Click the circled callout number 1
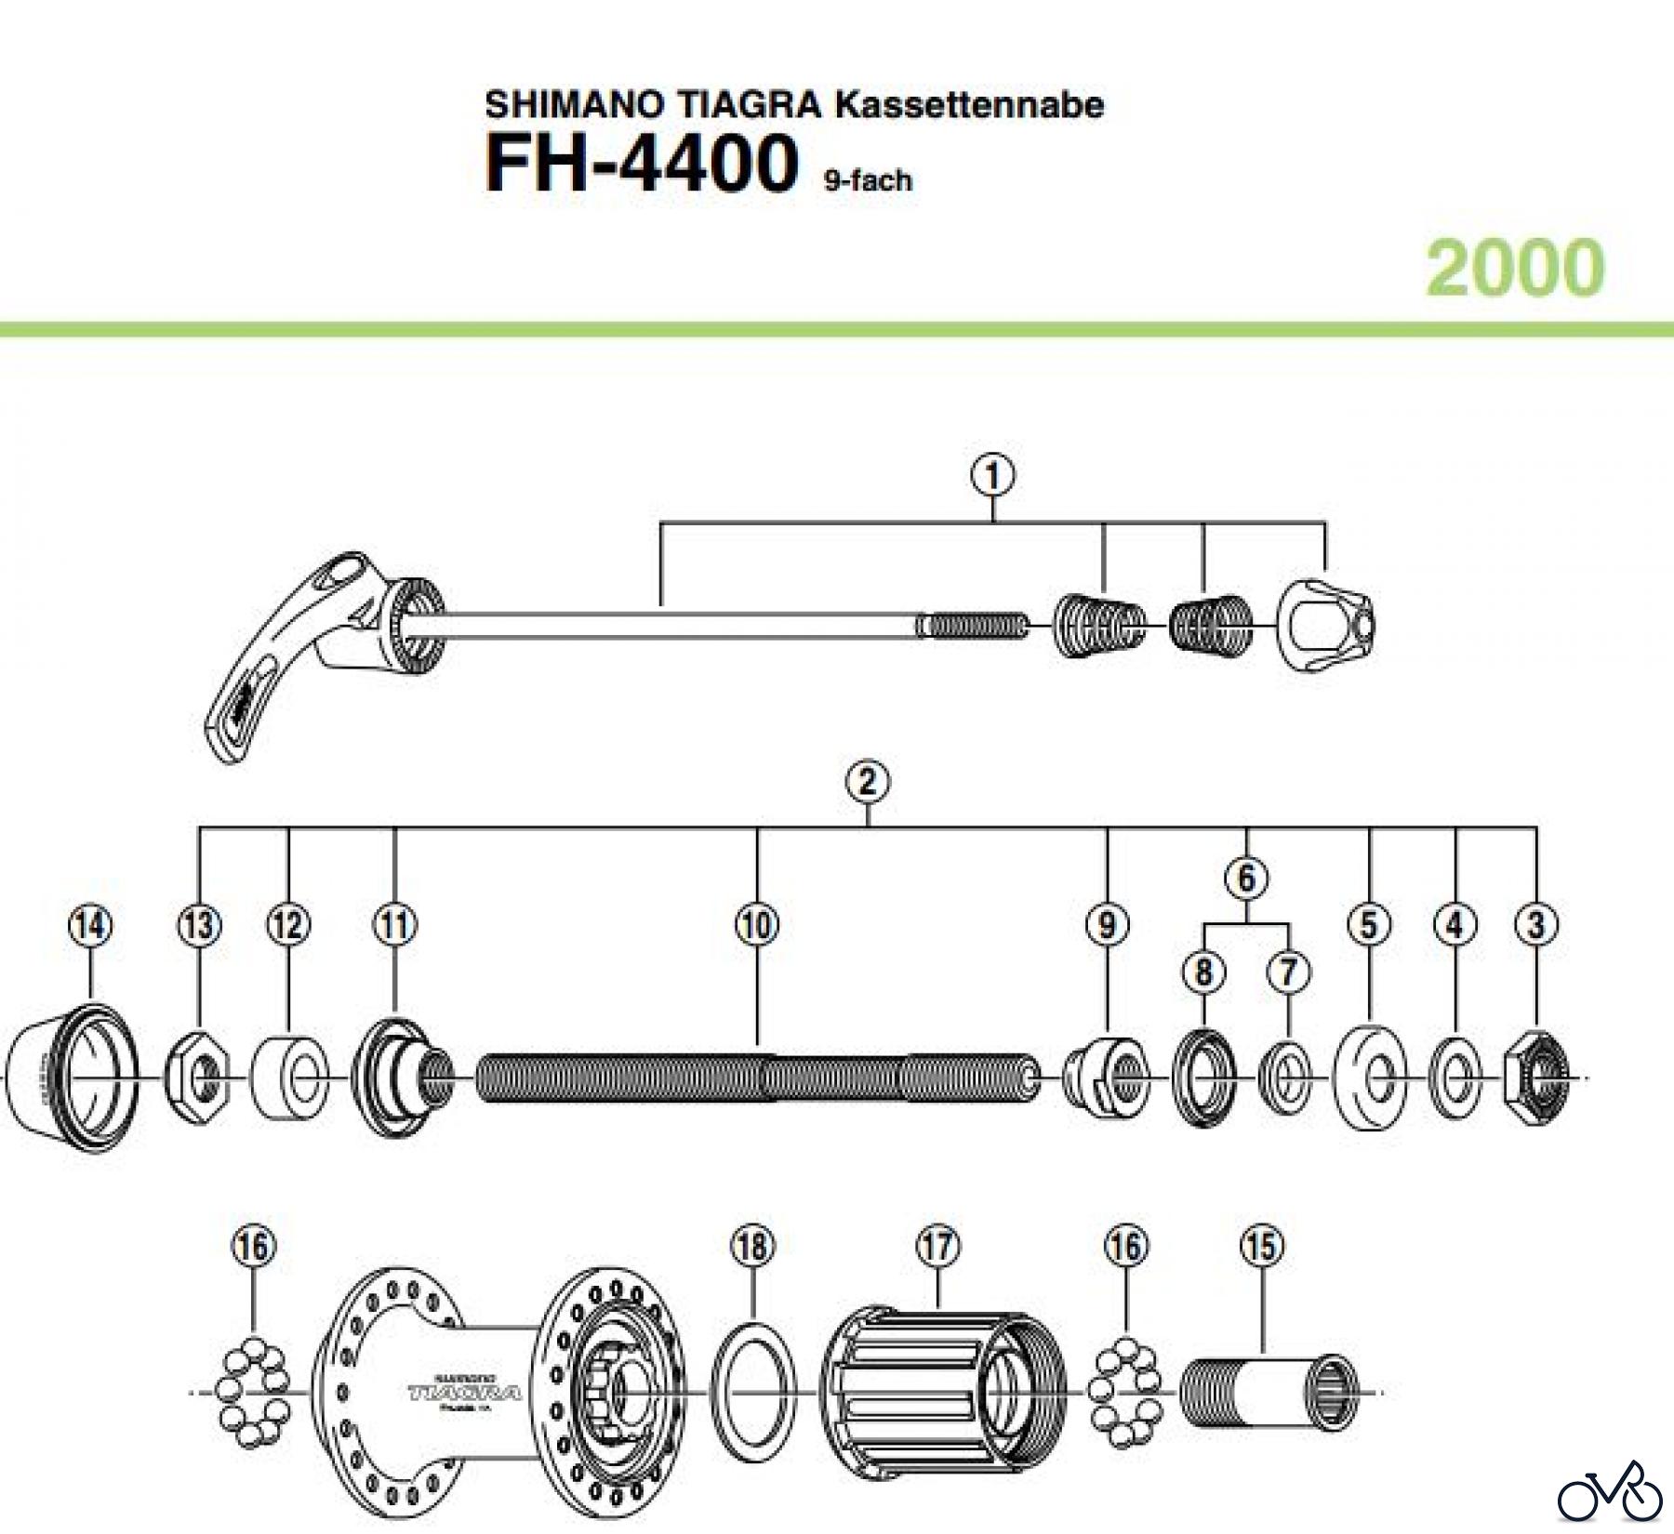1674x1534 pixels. (x=992, y=476)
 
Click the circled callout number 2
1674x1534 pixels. (x=867, y=782)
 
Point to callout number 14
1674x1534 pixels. (x=90, y=925)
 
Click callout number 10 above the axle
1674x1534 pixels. (x=757, y=925)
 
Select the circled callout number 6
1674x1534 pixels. (x=1246, y=877)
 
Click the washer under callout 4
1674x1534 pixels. (x=1455, y=1078)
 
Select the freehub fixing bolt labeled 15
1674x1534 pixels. (x=1269, y=1392)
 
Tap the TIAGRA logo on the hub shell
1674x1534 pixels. (x=464, y=1392)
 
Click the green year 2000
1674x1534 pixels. (x=1515, y=268)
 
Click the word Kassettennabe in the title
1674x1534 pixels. (x=968, y=104)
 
